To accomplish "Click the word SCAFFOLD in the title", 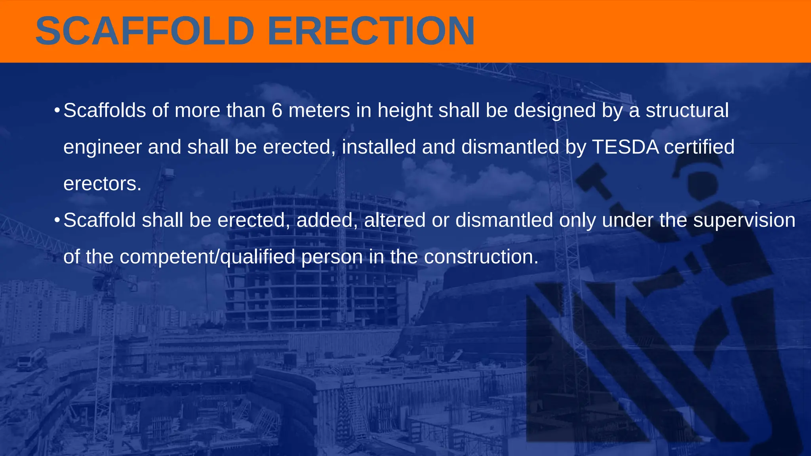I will (145, 31).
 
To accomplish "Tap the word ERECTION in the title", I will (371, 31).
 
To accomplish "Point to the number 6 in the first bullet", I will (277, 110).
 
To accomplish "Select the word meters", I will (319, 110).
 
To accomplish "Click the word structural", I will (687, 110).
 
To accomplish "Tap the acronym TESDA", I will (625, 147).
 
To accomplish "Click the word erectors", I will (102, 184).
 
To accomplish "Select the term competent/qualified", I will (207, 257).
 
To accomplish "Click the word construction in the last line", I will (481, 257).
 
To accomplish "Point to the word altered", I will (394, 220).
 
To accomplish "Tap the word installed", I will (379, 147).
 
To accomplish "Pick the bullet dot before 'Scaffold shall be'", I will (57, 220).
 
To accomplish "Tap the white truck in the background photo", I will (30, 360).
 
